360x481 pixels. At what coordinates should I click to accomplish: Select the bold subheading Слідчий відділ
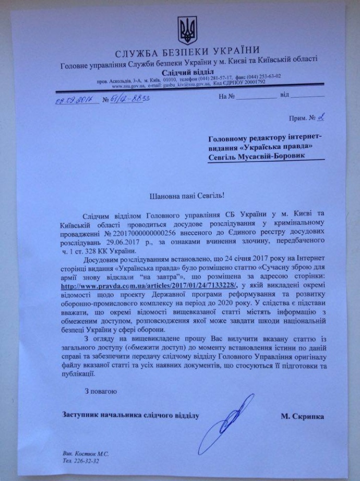184,73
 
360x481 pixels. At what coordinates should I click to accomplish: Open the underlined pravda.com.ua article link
149,285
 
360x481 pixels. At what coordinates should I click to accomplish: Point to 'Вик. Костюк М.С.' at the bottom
87,454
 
